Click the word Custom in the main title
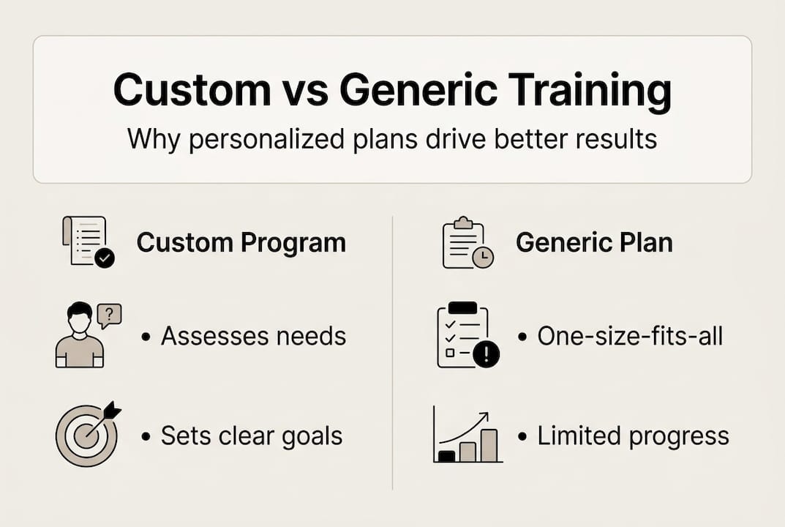click(x=192, y=89)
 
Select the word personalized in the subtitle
click(x=266, y=139)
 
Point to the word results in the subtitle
click(x=616, y=139)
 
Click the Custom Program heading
click(x=241, y=243)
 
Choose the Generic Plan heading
click(x=594, y=242)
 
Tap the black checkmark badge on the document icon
click(x=105, y=258)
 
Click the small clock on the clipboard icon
click(x=483, y=258)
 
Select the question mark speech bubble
click(x=110, y=315)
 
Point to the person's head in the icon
click(x=80, y=317)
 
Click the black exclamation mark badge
click(x=486, y=355)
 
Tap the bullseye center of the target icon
click(x=86, y=436)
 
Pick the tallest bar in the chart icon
click(x=489, y=445)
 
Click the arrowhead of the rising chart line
click(x=484, y=416)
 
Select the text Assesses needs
click(x=253, y=336)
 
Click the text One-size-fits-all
click(x=630, y=336)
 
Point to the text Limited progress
click(x=633, y=436)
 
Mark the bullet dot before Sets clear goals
click(x=146, y=437)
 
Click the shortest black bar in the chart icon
click(x=446, y=456)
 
